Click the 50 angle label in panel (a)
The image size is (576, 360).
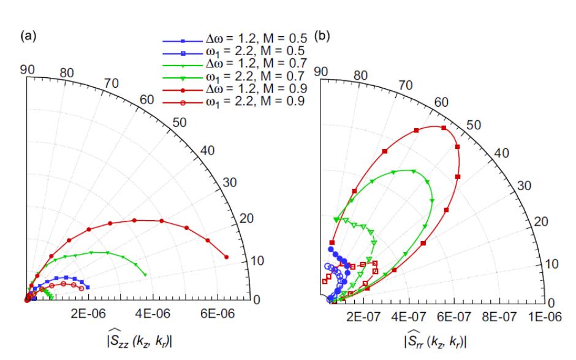(x=180, y=121)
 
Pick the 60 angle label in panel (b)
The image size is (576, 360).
(x=445, y=101)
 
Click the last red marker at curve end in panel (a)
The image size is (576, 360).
(x=227, y=257)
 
